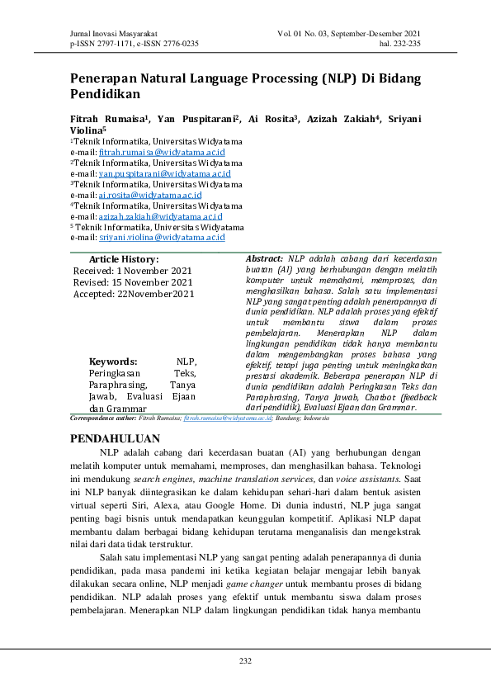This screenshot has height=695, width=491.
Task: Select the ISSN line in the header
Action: [x=135, y=44]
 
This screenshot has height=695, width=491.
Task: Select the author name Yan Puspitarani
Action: [x=200, y=119]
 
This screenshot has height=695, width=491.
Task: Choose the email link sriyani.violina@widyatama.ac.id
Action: [x=162, y=237]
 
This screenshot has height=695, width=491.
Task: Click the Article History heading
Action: [x=124, y=259]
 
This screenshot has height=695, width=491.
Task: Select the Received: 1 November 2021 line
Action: [x=132, y=271]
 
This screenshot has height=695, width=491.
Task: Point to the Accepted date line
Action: [x=134, y=293]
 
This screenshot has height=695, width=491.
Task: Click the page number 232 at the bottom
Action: [x=245, y=661]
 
